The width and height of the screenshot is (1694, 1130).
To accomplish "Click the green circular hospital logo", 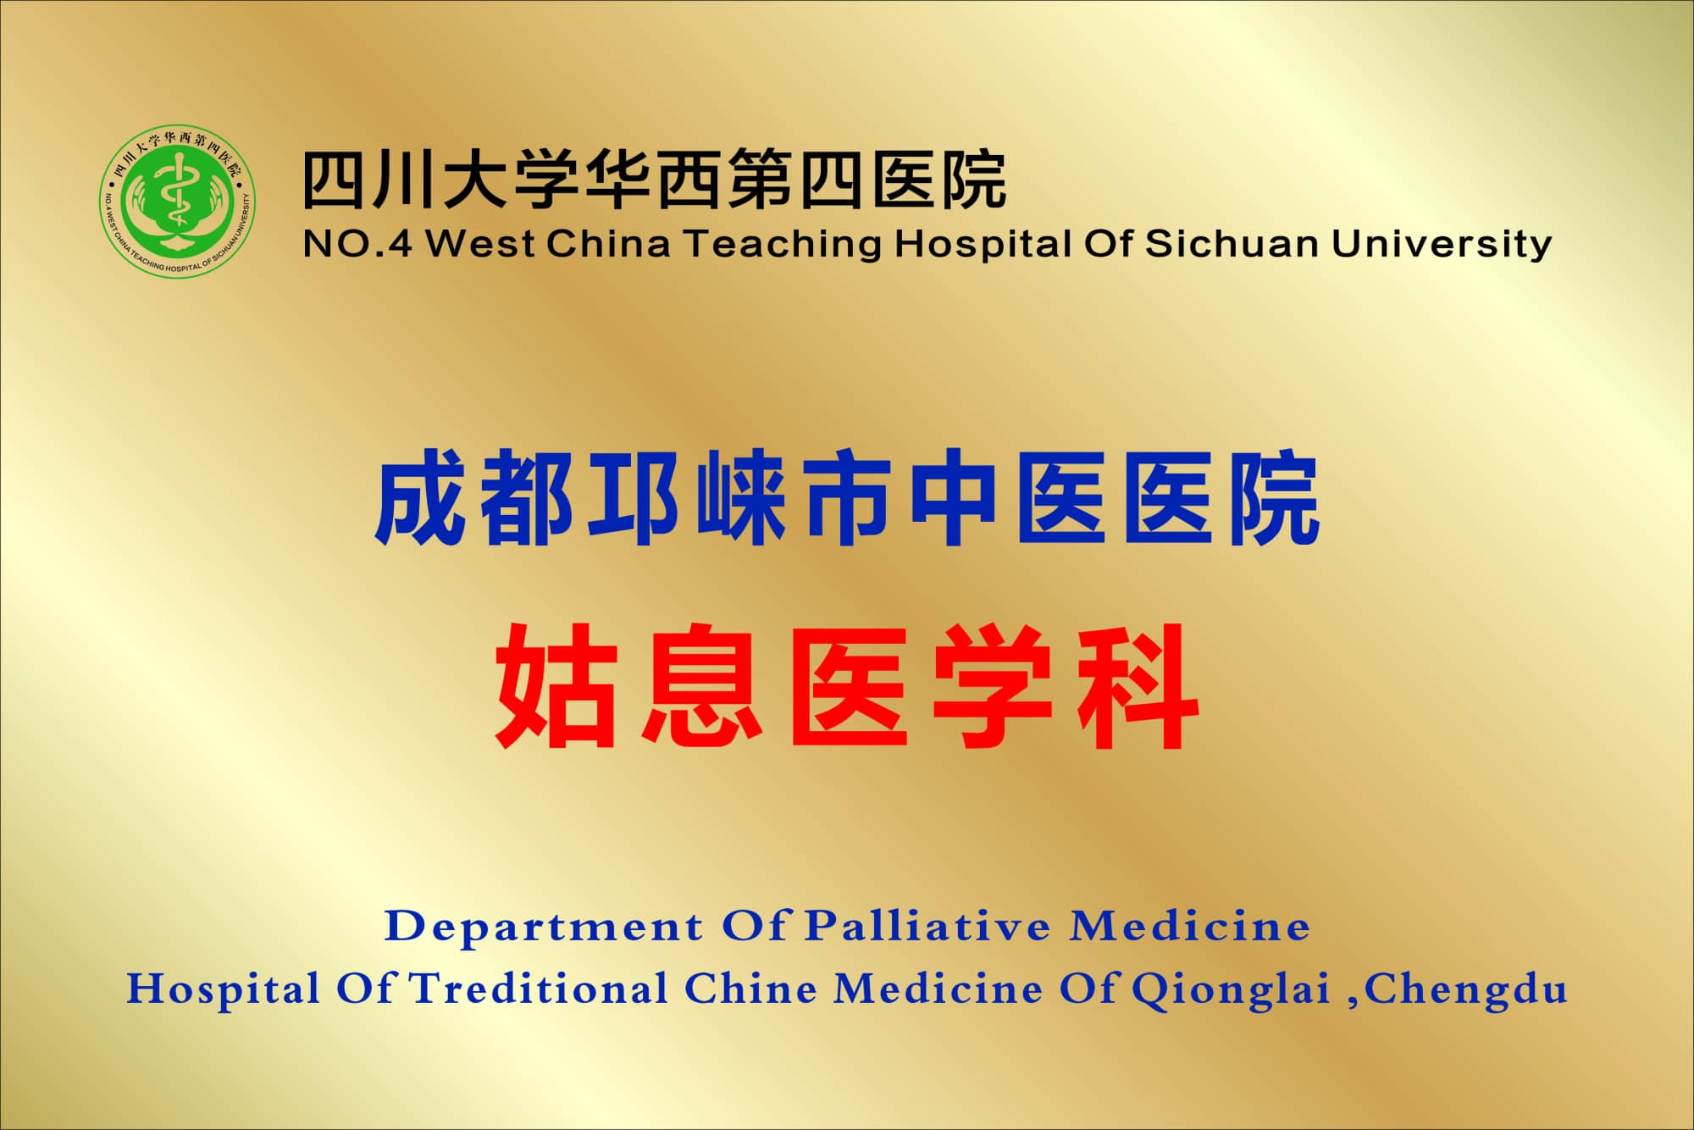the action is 177,201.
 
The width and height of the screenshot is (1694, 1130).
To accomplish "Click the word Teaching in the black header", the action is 783,244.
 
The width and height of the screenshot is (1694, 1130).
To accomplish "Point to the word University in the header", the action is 1441,245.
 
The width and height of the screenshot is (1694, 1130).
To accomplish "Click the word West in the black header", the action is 479,244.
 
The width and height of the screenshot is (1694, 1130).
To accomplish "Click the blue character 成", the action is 421,498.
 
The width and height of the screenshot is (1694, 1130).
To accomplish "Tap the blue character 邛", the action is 634,498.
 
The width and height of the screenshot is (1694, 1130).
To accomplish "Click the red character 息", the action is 702,686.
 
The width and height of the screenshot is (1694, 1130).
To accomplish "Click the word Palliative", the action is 927,926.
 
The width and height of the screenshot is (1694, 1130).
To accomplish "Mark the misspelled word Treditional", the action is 539,989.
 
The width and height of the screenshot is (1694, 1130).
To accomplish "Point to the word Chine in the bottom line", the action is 750,989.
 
